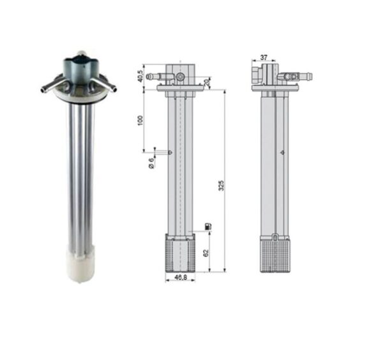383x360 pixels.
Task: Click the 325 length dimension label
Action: (x=221, y=185)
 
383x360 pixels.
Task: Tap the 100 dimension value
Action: (x=140, y=120)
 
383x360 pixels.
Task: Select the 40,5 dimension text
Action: (x=140, y=77)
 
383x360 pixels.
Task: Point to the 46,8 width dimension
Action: (x=181, y=277)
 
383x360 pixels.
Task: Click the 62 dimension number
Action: (x=206, y=253)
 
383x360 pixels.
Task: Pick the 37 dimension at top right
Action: (x=264, y=57)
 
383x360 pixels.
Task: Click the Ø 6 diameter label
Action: (x=151, y=163)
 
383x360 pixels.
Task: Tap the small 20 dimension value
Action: (x=207, y=82)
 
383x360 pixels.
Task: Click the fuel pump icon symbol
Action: (x=208, y=226)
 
